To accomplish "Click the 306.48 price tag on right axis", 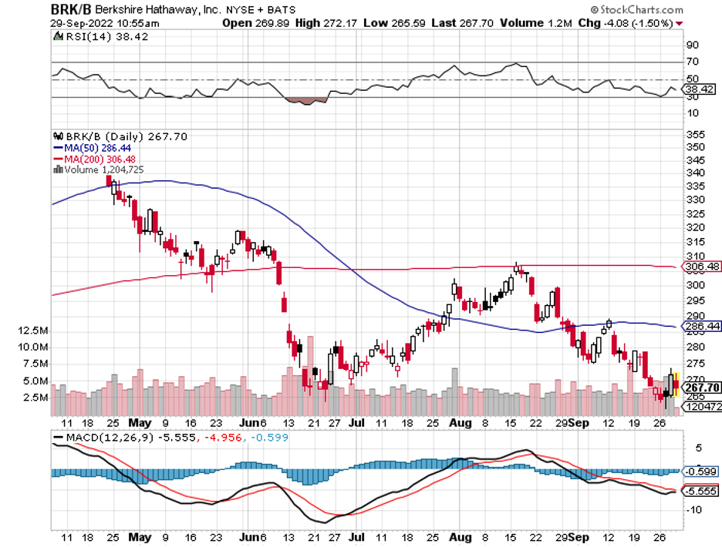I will tap(701, 267).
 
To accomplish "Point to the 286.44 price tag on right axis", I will tap(701, 327).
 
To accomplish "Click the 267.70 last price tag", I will tap(701, 387).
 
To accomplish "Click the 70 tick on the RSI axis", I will tap(692, 62).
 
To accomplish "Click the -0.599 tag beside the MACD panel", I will tap(701, 471).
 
